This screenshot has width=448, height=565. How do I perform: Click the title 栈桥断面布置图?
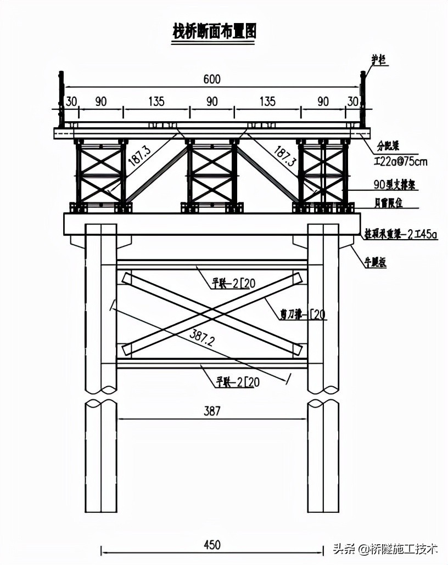[x=215, y=32]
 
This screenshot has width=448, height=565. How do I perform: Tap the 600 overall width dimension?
[x=211, y=80]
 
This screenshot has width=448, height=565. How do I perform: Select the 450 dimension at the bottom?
[x=211, y=545]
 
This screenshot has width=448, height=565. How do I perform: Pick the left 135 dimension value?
[x=156, y=101]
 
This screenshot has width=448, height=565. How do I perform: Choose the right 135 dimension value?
[x=267, y=101]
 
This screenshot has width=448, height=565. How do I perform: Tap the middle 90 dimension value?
[x=212, y=101]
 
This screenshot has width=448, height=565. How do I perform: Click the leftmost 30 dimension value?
[x=71, y=101]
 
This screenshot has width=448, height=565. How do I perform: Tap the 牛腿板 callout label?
[x=376, y=263]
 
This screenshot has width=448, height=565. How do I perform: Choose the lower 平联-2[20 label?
[x=237, y=382]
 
